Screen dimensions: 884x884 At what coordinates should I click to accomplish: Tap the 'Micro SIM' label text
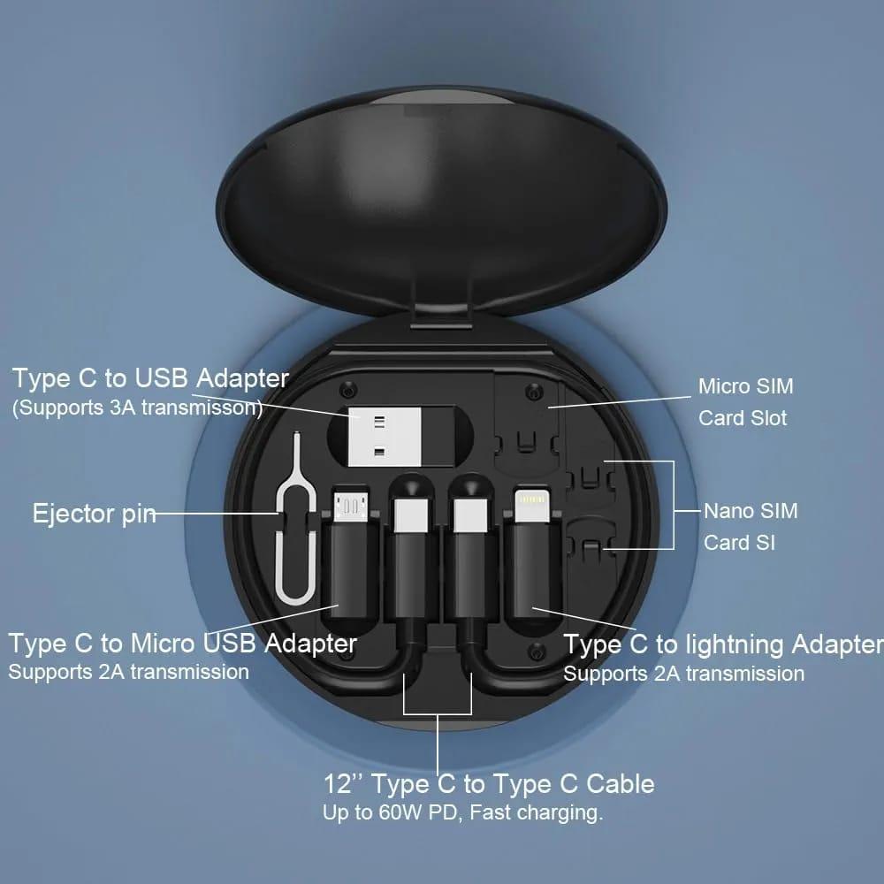[745, 386]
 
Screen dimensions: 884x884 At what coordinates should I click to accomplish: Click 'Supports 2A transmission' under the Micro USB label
[128, 671]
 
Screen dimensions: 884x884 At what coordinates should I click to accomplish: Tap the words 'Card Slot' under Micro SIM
[743, 418]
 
